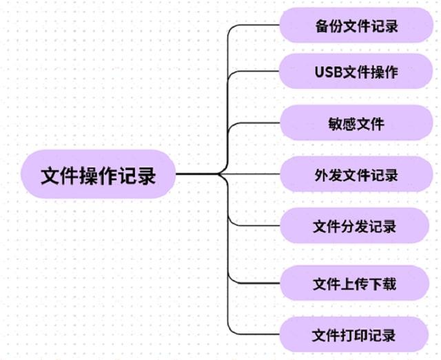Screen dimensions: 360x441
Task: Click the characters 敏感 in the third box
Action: pos(342,124)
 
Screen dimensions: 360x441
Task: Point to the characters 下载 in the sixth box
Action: pos(383,283)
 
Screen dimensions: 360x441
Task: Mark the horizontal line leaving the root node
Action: pos(196,175)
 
